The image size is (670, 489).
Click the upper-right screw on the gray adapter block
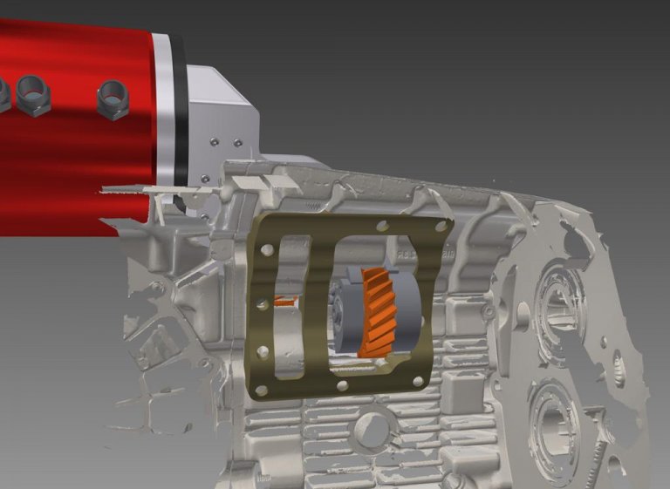[236, 143]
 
